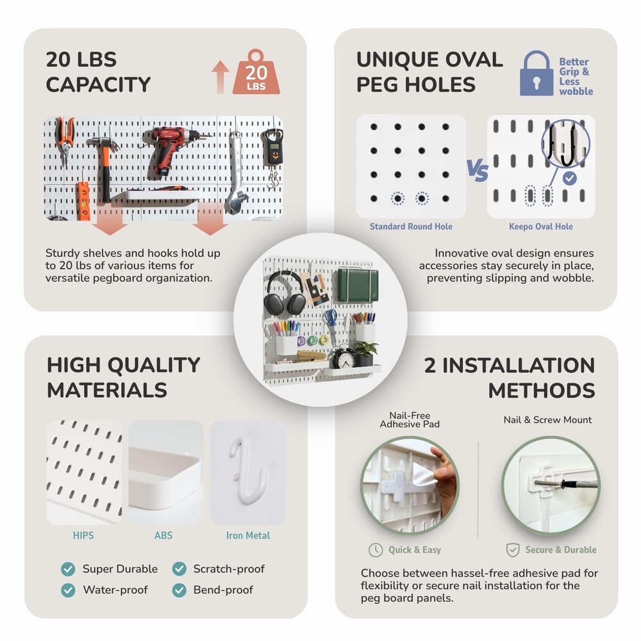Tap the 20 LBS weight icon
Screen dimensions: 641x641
click(x=256, y=74)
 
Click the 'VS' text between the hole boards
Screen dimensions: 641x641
click(x=477, y=172)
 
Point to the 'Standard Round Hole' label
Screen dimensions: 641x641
click(x=411, y=226)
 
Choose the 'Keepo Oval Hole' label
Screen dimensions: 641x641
click(x=541, y=226)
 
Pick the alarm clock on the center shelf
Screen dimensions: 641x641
click(x=344, y=358)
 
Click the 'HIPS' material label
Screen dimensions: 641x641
click(x=83, y=535)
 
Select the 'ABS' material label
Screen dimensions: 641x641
click(x=163, y=535)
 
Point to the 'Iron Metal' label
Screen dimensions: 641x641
click(x=248, y=535)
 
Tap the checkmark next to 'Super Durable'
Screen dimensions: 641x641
click(x=68, y=569)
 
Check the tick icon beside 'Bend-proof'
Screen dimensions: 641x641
click(x=179, y=590)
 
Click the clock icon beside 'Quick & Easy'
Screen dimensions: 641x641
click(x=376, y=550)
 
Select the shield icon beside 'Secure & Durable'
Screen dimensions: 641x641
click(x=513, y=550)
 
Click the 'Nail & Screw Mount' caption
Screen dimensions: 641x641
click(x=547, y=420)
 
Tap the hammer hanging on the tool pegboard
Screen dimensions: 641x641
click(x=103, y=160)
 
